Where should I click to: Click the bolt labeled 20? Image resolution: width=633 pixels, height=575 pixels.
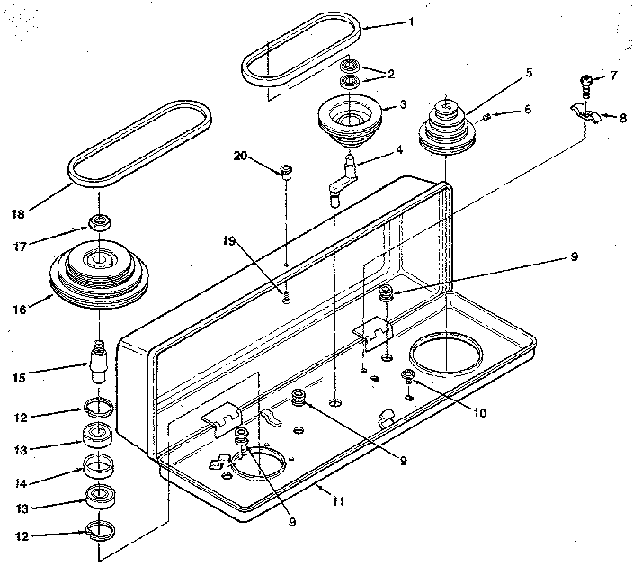pos(285,173)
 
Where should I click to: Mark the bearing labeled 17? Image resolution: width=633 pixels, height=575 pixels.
pos(99,223)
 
